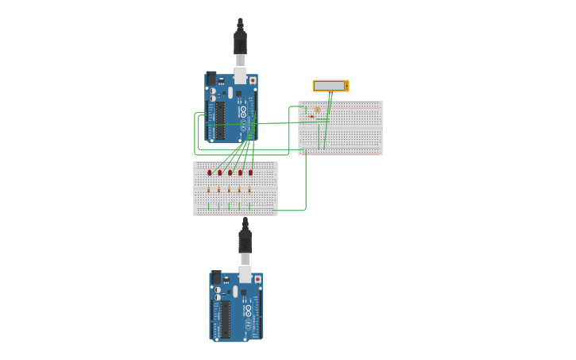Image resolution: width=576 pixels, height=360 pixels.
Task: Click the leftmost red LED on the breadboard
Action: [210, 172]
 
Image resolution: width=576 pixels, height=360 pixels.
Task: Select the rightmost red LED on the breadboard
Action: [250, 172]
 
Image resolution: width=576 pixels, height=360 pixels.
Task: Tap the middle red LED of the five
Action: [230, 172]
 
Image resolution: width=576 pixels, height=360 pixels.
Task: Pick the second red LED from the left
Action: [220, 172]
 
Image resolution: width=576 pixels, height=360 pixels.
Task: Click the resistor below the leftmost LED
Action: [209, 190]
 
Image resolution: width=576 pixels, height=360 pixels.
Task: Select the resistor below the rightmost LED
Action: [249, 190]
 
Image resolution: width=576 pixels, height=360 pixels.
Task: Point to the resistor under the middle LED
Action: [229, 190]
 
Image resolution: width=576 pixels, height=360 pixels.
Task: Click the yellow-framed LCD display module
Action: [330, 86]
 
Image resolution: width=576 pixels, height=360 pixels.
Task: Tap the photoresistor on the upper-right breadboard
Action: [317, 110]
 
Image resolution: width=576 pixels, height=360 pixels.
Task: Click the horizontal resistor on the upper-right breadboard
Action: [311, 117]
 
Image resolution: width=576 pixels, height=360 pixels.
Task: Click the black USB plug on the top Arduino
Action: [240, 40]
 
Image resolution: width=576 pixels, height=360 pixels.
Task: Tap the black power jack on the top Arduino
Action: [211, 79]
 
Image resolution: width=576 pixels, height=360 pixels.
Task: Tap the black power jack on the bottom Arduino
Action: [216, 277]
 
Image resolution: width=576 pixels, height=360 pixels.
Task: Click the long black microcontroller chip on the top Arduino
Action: [220, 120]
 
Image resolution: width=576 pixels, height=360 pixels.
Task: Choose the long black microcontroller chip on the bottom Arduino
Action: [225, 319]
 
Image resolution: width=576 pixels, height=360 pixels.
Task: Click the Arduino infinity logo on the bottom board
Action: [248, 310]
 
